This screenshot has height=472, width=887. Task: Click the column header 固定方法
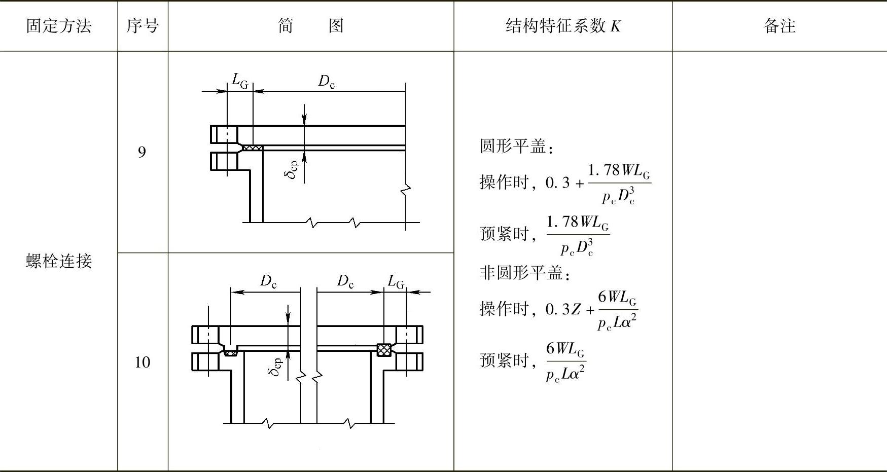pos(59,26)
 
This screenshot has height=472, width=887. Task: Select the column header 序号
pos(143,26)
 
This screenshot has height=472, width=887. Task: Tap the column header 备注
pos(779,26)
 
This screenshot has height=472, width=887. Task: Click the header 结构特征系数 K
pos(563,26)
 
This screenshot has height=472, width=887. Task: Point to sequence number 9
pos(142,152)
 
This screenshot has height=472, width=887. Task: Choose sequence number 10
pos(142,362)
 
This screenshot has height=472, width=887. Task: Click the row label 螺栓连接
pos(59,262)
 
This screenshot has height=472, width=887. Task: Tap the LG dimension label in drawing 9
pos(240,81)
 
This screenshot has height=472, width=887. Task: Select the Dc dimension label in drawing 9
pos(326,82)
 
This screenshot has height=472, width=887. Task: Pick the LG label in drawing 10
pos(396,281)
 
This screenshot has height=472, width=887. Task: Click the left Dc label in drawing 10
pos(268,281)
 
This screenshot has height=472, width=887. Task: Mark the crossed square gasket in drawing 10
pos(384,350)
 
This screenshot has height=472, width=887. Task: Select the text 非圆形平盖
pos(522,273)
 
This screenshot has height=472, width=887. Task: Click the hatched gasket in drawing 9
pos(253,148)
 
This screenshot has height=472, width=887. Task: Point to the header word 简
pos(286,26)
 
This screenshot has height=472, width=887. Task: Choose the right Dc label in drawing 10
pos(345,281)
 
